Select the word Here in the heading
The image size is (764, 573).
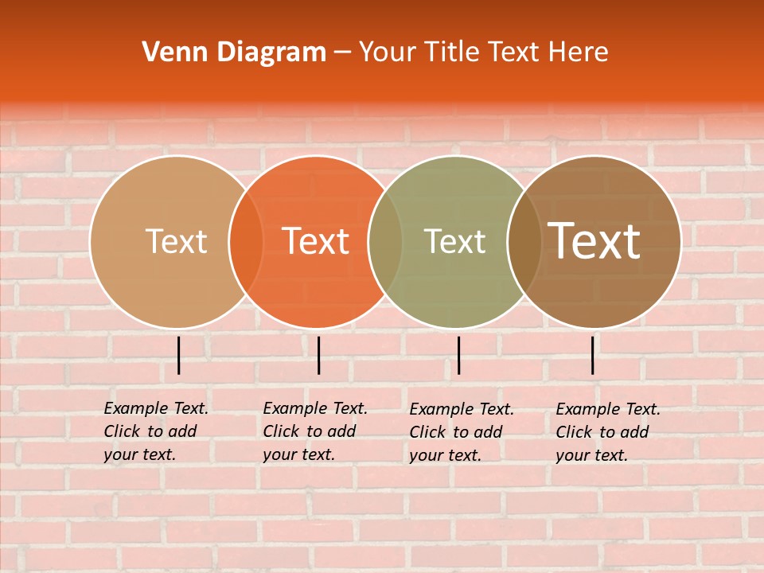(579, 53)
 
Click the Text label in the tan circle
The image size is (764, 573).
(176, 241)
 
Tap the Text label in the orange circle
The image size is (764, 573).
(316, 241)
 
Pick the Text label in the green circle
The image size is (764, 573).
(454, 241)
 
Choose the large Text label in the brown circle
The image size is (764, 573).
(594, 241)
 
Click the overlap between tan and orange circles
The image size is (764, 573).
(246, 242)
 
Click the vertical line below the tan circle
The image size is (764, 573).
(179, 355)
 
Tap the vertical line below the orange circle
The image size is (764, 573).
(318, 355)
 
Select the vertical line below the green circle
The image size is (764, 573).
(458, 355)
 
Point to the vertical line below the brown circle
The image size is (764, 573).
(593, 355)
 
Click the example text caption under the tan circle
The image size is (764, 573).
(155, 431)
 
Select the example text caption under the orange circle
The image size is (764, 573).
(314, 431)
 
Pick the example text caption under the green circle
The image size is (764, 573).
(461, 432)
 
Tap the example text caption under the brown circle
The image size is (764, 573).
(607, 432)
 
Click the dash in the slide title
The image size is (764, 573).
(342, 53)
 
